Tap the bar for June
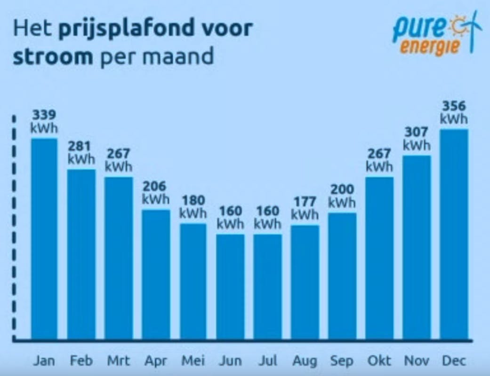pos(230,287)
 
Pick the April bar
pos(156,274)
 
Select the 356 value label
pos(454,106)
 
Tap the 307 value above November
pos(417,132)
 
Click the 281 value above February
pos(81,146)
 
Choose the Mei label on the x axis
pos(193,361)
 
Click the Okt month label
pos(379,361)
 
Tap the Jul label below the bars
pos(267,361)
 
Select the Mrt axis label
pos(118,361)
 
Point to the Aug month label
pos(305,361)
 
